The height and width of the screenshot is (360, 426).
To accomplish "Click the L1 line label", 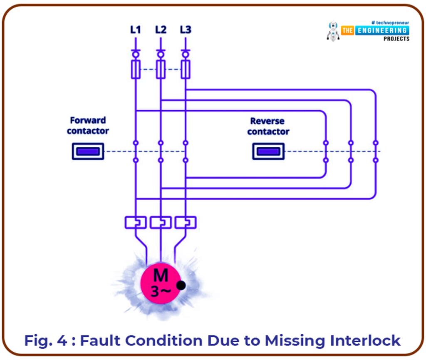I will [135, 30].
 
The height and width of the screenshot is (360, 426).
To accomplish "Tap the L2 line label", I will [161, 30].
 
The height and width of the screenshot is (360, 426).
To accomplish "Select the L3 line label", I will [186, 30].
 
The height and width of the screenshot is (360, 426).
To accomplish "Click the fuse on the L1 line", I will [136, 69].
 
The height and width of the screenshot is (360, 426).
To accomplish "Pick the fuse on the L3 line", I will [186, 69].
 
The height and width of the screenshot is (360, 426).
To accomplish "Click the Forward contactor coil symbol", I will [88, 151].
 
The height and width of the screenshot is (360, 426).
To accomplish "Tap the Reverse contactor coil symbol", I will [268, 151].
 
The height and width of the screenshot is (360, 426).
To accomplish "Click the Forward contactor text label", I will [88, 125].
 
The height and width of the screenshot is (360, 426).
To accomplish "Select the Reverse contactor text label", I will [268, 126].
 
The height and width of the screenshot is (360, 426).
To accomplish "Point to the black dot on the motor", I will [181, 285].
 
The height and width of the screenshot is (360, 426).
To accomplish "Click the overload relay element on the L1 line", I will [136, 222].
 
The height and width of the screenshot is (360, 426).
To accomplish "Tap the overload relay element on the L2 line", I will [161, 222].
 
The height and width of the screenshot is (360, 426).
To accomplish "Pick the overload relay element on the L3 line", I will [186, 222].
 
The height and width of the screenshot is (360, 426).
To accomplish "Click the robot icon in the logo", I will [333, 31].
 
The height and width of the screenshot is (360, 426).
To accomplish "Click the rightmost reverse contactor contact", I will [375, 151].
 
